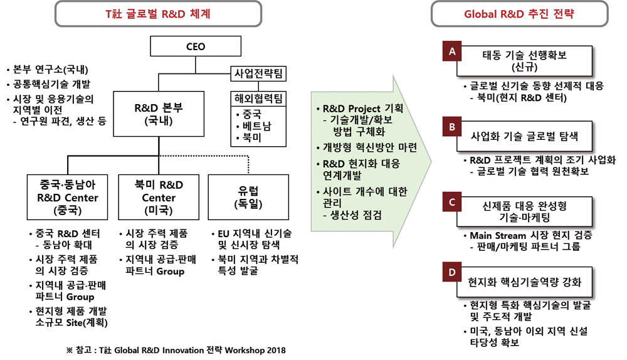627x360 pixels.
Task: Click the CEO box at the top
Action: point(196,46)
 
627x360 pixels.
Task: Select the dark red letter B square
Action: point(450,127)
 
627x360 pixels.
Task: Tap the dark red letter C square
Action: point(450,202)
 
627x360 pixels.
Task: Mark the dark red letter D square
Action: point(450,275)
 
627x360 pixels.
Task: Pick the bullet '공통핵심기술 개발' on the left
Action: point(50,84)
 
